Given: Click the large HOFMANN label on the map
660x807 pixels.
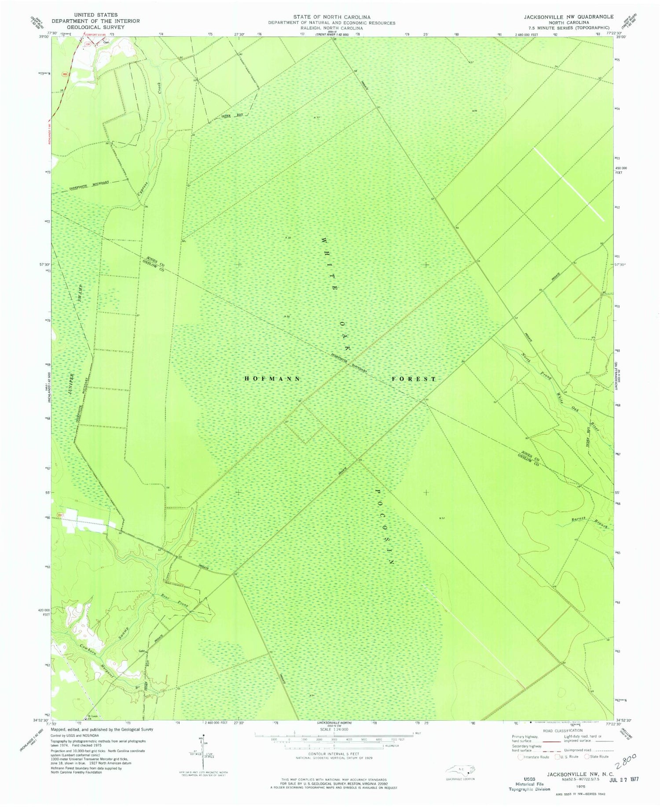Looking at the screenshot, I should coord(273,378).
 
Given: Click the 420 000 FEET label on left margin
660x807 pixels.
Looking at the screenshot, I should coord(43,613).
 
